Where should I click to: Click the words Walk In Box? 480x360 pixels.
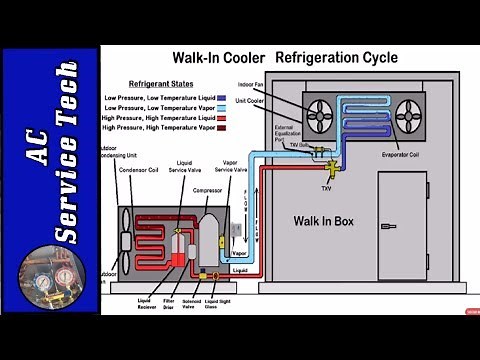pyautogui.click(x=326, y=219)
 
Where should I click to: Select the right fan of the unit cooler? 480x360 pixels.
pyautogui.click(x=408, y=115)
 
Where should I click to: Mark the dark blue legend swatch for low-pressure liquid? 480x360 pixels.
pyautogui.click(x=234, y=98)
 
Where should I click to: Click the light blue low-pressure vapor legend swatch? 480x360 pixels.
pyautogui.click(x=234, y=108)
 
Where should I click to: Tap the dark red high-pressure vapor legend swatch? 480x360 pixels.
pyautogui.click(x=234, y=128)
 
